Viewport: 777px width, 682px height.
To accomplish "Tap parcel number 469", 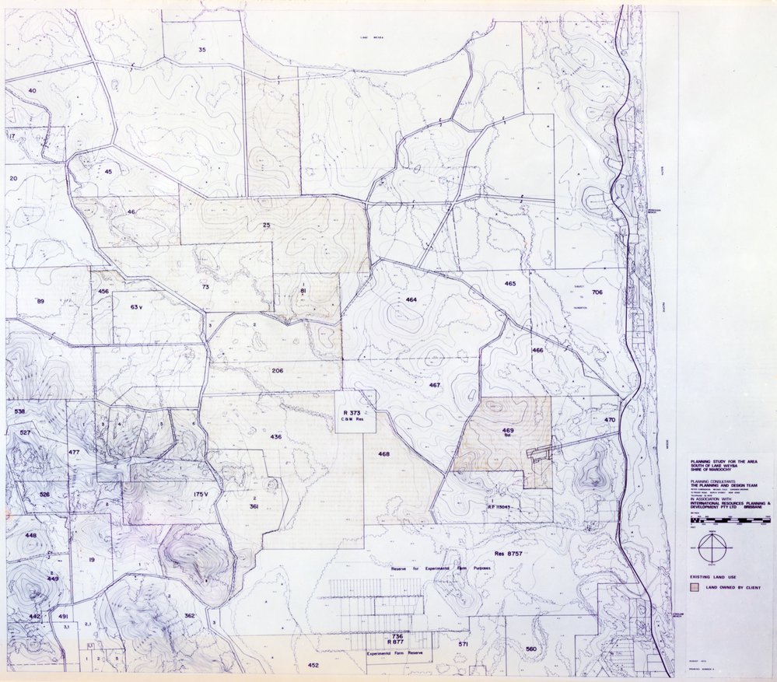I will point(507,430).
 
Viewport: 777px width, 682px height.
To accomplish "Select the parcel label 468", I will point(383,454).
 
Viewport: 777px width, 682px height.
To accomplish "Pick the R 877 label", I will point(397,643).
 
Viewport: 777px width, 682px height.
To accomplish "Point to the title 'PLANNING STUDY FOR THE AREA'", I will point(715,461).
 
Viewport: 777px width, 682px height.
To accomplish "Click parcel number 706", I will point(597,292).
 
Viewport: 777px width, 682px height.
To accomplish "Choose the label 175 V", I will point(202,494).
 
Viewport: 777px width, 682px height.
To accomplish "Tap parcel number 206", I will point(277,371).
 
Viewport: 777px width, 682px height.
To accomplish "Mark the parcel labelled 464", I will point(411,299).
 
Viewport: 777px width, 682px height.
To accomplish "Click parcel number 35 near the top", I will point(202,50).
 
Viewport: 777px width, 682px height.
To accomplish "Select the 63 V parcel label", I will point(137,307).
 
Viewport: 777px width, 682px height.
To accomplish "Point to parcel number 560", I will point(531,649).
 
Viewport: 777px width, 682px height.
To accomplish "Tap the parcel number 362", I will point(189,616).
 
